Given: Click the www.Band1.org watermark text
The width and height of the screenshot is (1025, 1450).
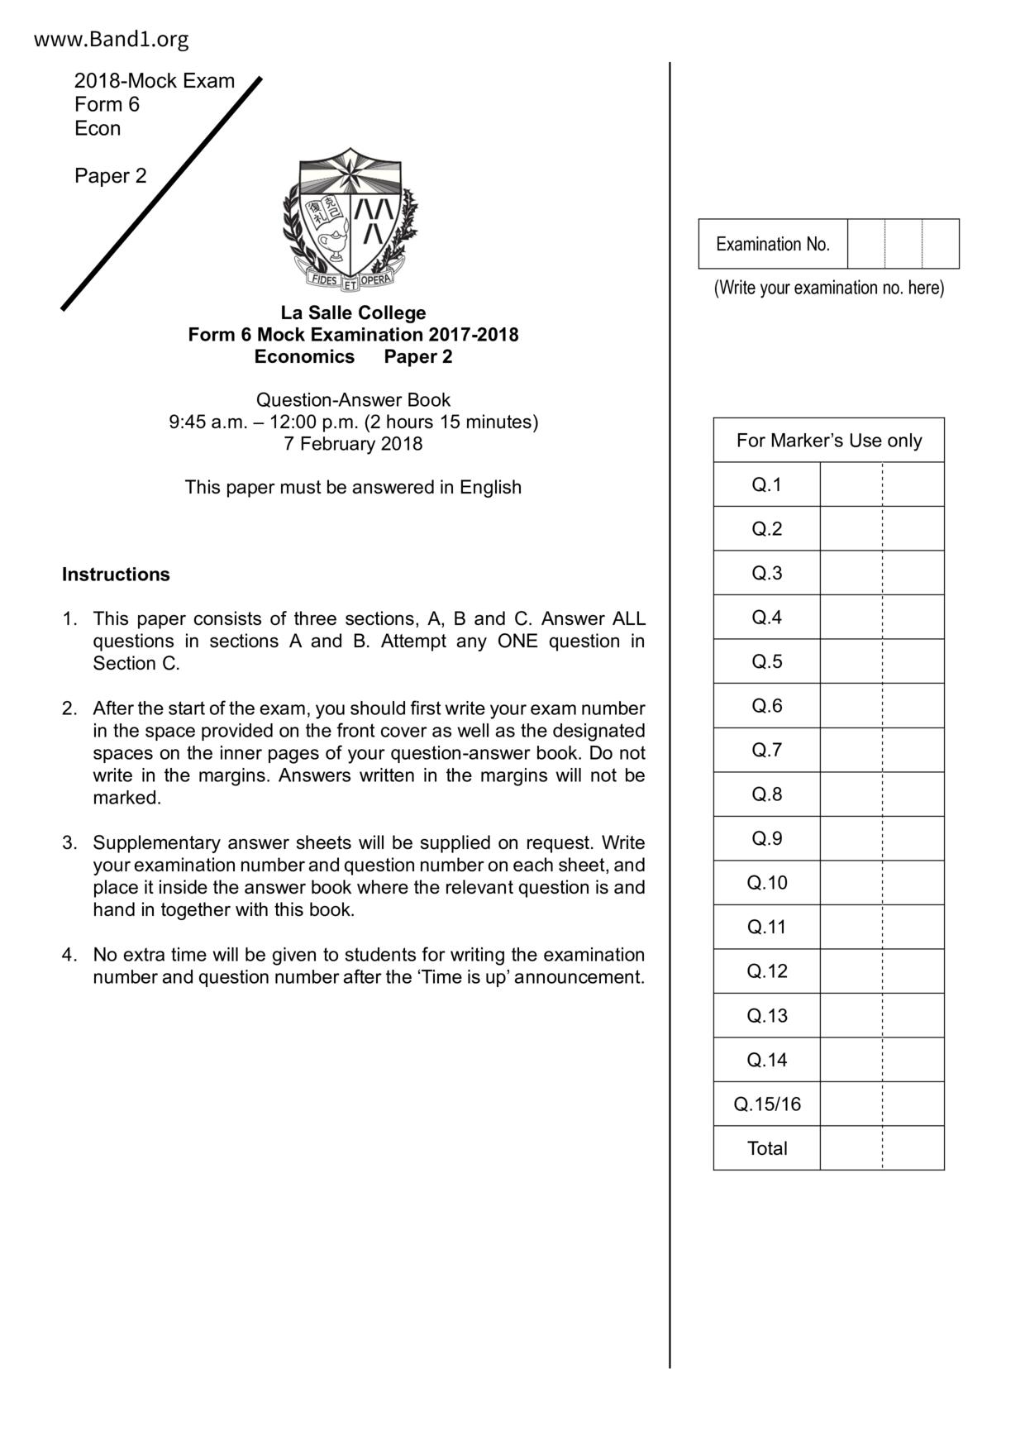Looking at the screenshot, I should tap(111, 39).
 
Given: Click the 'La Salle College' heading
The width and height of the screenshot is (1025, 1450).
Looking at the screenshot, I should tap(353, 312).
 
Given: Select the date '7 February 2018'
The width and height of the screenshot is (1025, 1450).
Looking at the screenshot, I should tap(353, 444).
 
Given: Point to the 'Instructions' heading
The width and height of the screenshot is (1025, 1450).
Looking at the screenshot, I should tap(116, 575).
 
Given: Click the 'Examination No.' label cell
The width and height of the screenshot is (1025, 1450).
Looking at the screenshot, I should tap(772, 244).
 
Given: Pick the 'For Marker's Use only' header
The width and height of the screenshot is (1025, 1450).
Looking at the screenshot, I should tap(828, 441).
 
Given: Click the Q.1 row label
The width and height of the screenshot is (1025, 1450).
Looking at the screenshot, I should tap(766, 484).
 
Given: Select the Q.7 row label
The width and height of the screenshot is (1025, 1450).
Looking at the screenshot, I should tap(766, 750).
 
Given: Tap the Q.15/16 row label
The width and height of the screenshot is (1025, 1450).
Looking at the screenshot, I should tap(766, 1104).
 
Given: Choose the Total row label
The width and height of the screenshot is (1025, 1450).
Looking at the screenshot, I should tap(766, 1148).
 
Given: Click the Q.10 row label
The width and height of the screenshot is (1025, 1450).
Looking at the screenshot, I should tap(766, 883).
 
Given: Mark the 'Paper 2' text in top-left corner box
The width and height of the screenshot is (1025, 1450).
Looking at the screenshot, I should tap(110, 176).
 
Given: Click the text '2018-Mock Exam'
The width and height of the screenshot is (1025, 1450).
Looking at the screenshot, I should tap(154, 81).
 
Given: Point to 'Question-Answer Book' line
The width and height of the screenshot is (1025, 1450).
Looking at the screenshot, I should tap(353, 400).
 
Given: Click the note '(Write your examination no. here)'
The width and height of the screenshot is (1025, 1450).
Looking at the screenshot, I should tap(828, 288).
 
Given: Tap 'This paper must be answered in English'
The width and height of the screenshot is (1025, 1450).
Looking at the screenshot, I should tap(353, 488).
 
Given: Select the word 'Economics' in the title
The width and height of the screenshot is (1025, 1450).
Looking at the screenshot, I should tap(304, 356).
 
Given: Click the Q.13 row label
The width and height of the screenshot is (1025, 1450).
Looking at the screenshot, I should tap(766, 1015).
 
